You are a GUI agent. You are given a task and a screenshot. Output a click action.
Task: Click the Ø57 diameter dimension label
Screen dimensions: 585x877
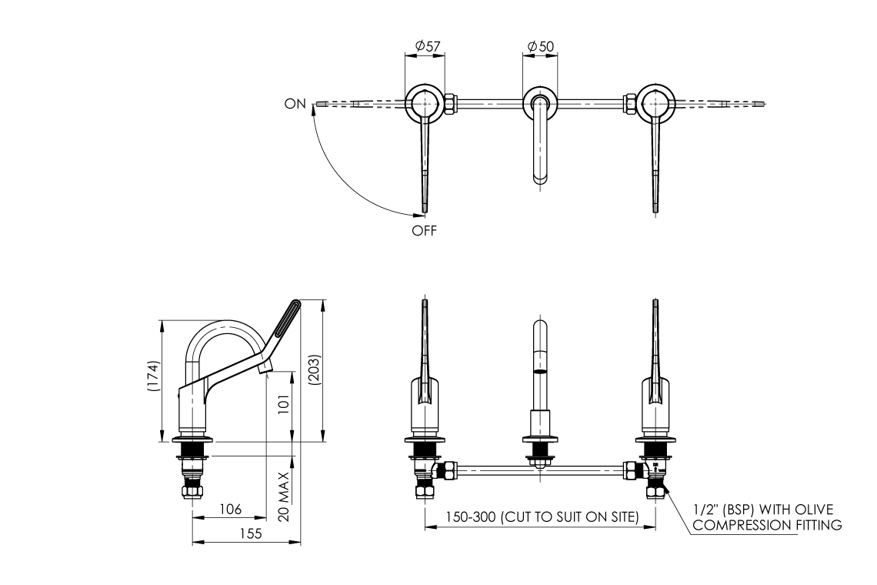coord(427,47)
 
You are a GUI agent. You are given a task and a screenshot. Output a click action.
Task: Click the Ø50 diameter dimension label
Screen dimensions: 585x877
coord(541,47)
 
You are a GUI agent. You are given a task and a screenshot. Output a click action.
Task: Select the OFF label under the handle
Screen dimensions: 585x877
coord(424,229)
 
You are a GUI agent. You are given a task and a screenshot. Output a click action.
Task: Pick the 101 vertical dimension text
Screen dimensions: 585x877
coord(285,406)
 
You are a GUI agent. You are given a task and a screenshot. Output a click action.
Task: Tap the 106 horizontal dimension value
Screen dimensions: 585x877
coord(230,510)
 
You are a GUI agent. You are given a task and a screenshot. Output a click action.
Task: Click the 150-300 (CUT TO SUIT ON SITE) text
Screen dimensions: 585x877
coord(541,517)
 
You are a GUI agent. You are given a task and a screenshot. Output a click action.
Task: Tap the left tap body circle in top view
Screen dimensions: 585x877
coord(424,102)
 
